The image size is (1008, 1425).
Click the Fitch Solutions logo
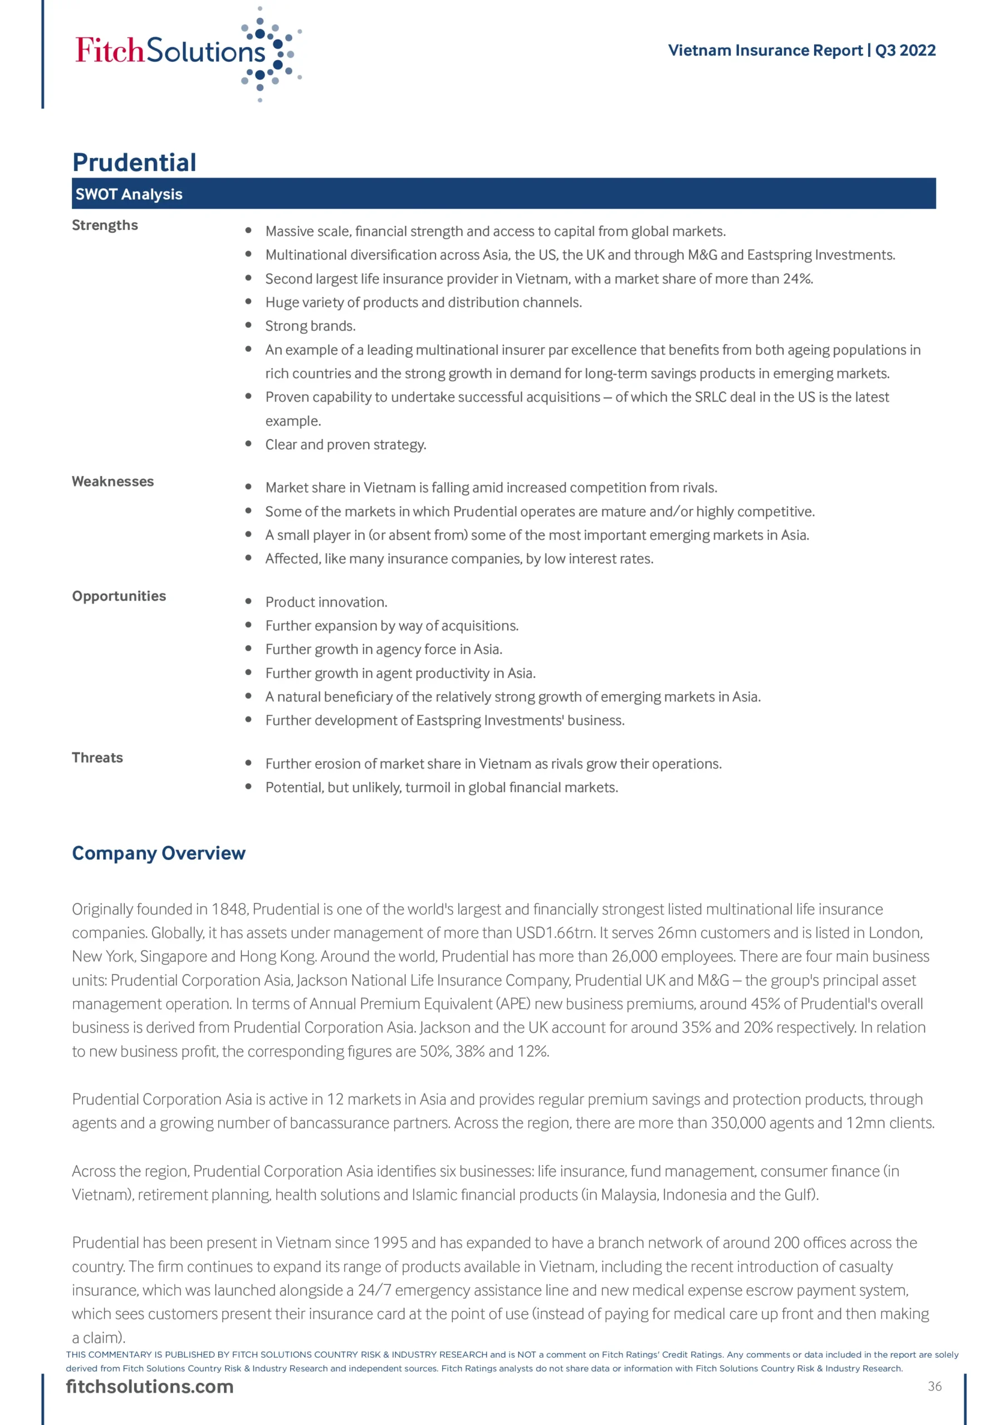(187, 53)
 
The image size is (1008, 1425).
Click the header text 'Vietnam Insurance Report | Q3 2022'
(801, 50)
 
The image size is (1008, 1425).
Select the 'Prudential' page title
(134, 163)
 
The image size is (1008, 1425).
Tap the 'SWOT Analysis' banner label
(129, 194)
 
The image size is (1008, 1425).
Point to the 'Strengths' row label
(105, 225)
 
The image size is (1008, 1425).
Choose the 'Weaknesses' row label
(112, 481)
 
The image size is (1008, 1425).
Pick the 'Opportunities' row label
(119, 596)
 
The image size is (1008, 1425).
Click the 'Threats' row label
(97, 758)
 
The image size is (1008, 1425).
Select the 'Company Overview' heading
(158, 853)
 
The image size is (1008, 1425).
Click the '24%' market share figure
(797, 279)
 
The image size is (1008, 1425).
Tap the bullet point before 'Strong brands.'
(248, 325)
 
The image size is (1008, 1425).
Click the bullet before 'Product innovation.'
(248, 601)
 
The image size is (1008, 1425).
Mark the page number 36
(934, 1387)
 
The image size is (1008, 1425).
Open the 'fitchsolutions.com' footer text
(150, 1387)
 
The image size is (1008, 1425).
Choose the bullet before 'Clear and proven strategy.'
(248, 444)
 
